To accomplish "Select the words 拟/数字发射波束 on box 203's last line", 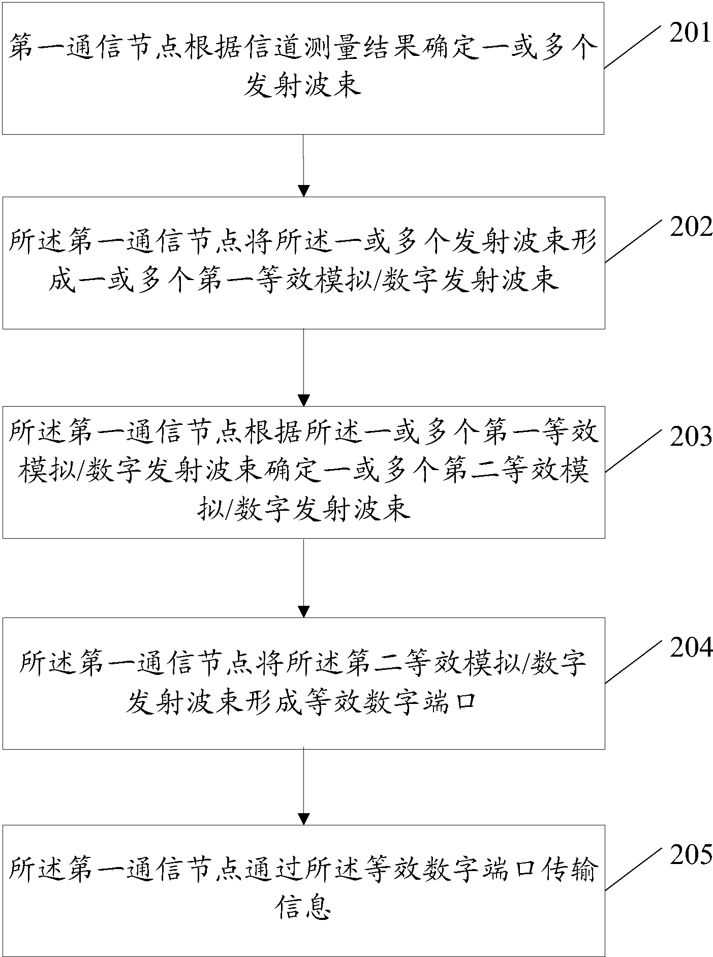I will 303,508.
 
